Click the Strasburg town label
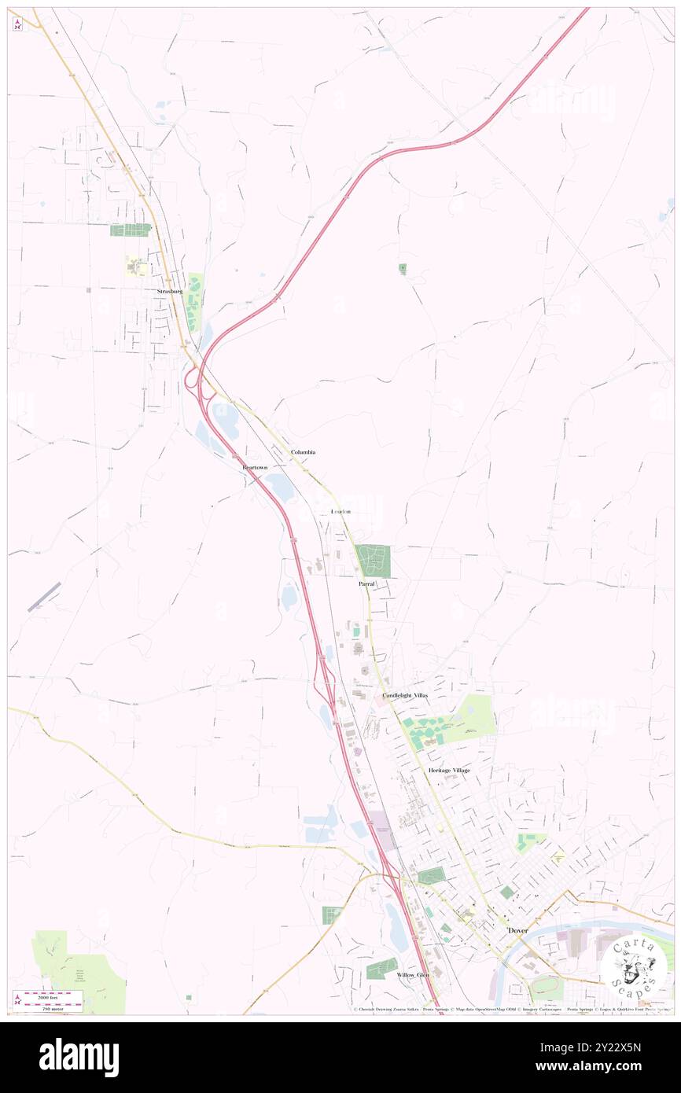(x=169, y=291)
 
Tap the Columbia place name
(x=303, y=452)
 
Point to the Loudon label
(x=340, y=512)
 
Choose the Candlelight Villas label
(x=406, y=696)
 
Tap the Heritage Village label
(x=449, y=770)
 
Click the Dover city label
(x=517, y=930)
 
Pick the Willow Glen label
(x=413, y=974)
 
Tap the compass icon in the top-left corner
(x=17, y=24)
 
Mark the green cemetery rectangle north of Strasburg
(x=131, y=230)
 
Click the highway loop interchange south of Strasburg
(x=192, y=381)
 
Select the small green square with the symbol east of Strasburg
(x=403, y=269)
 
